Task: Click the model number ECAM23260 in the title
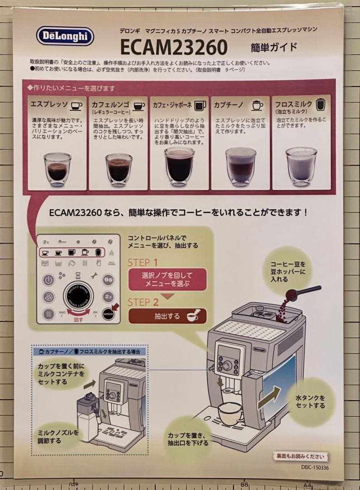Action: [174, 47]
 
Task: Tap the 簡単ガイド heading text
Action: [274, 46]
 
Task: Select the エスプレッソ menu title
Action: [49, 105]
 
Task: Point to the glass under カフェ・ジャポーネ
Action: [179, 165]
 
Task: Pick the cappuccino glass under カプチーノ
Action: [240, 166]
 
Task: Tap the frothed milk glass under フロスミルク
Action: [302, 166]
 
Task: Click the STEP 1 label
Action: [143, 262]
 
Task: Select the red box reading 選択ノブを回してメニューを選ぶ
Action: [167, 279]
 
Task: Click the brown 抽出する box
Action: [167, 316]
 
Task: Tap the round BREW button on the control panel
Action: [108, 314]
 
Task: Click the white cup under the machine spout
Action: [230, 413]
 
